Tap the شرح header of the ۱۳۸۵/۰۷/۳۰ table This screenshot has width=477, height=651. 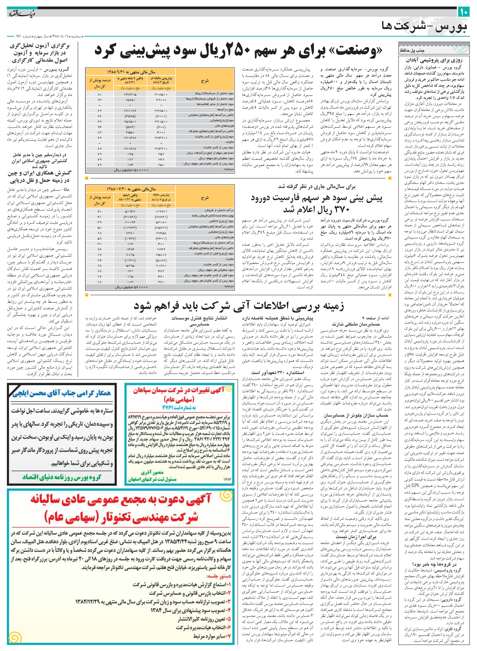point(205,198)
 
